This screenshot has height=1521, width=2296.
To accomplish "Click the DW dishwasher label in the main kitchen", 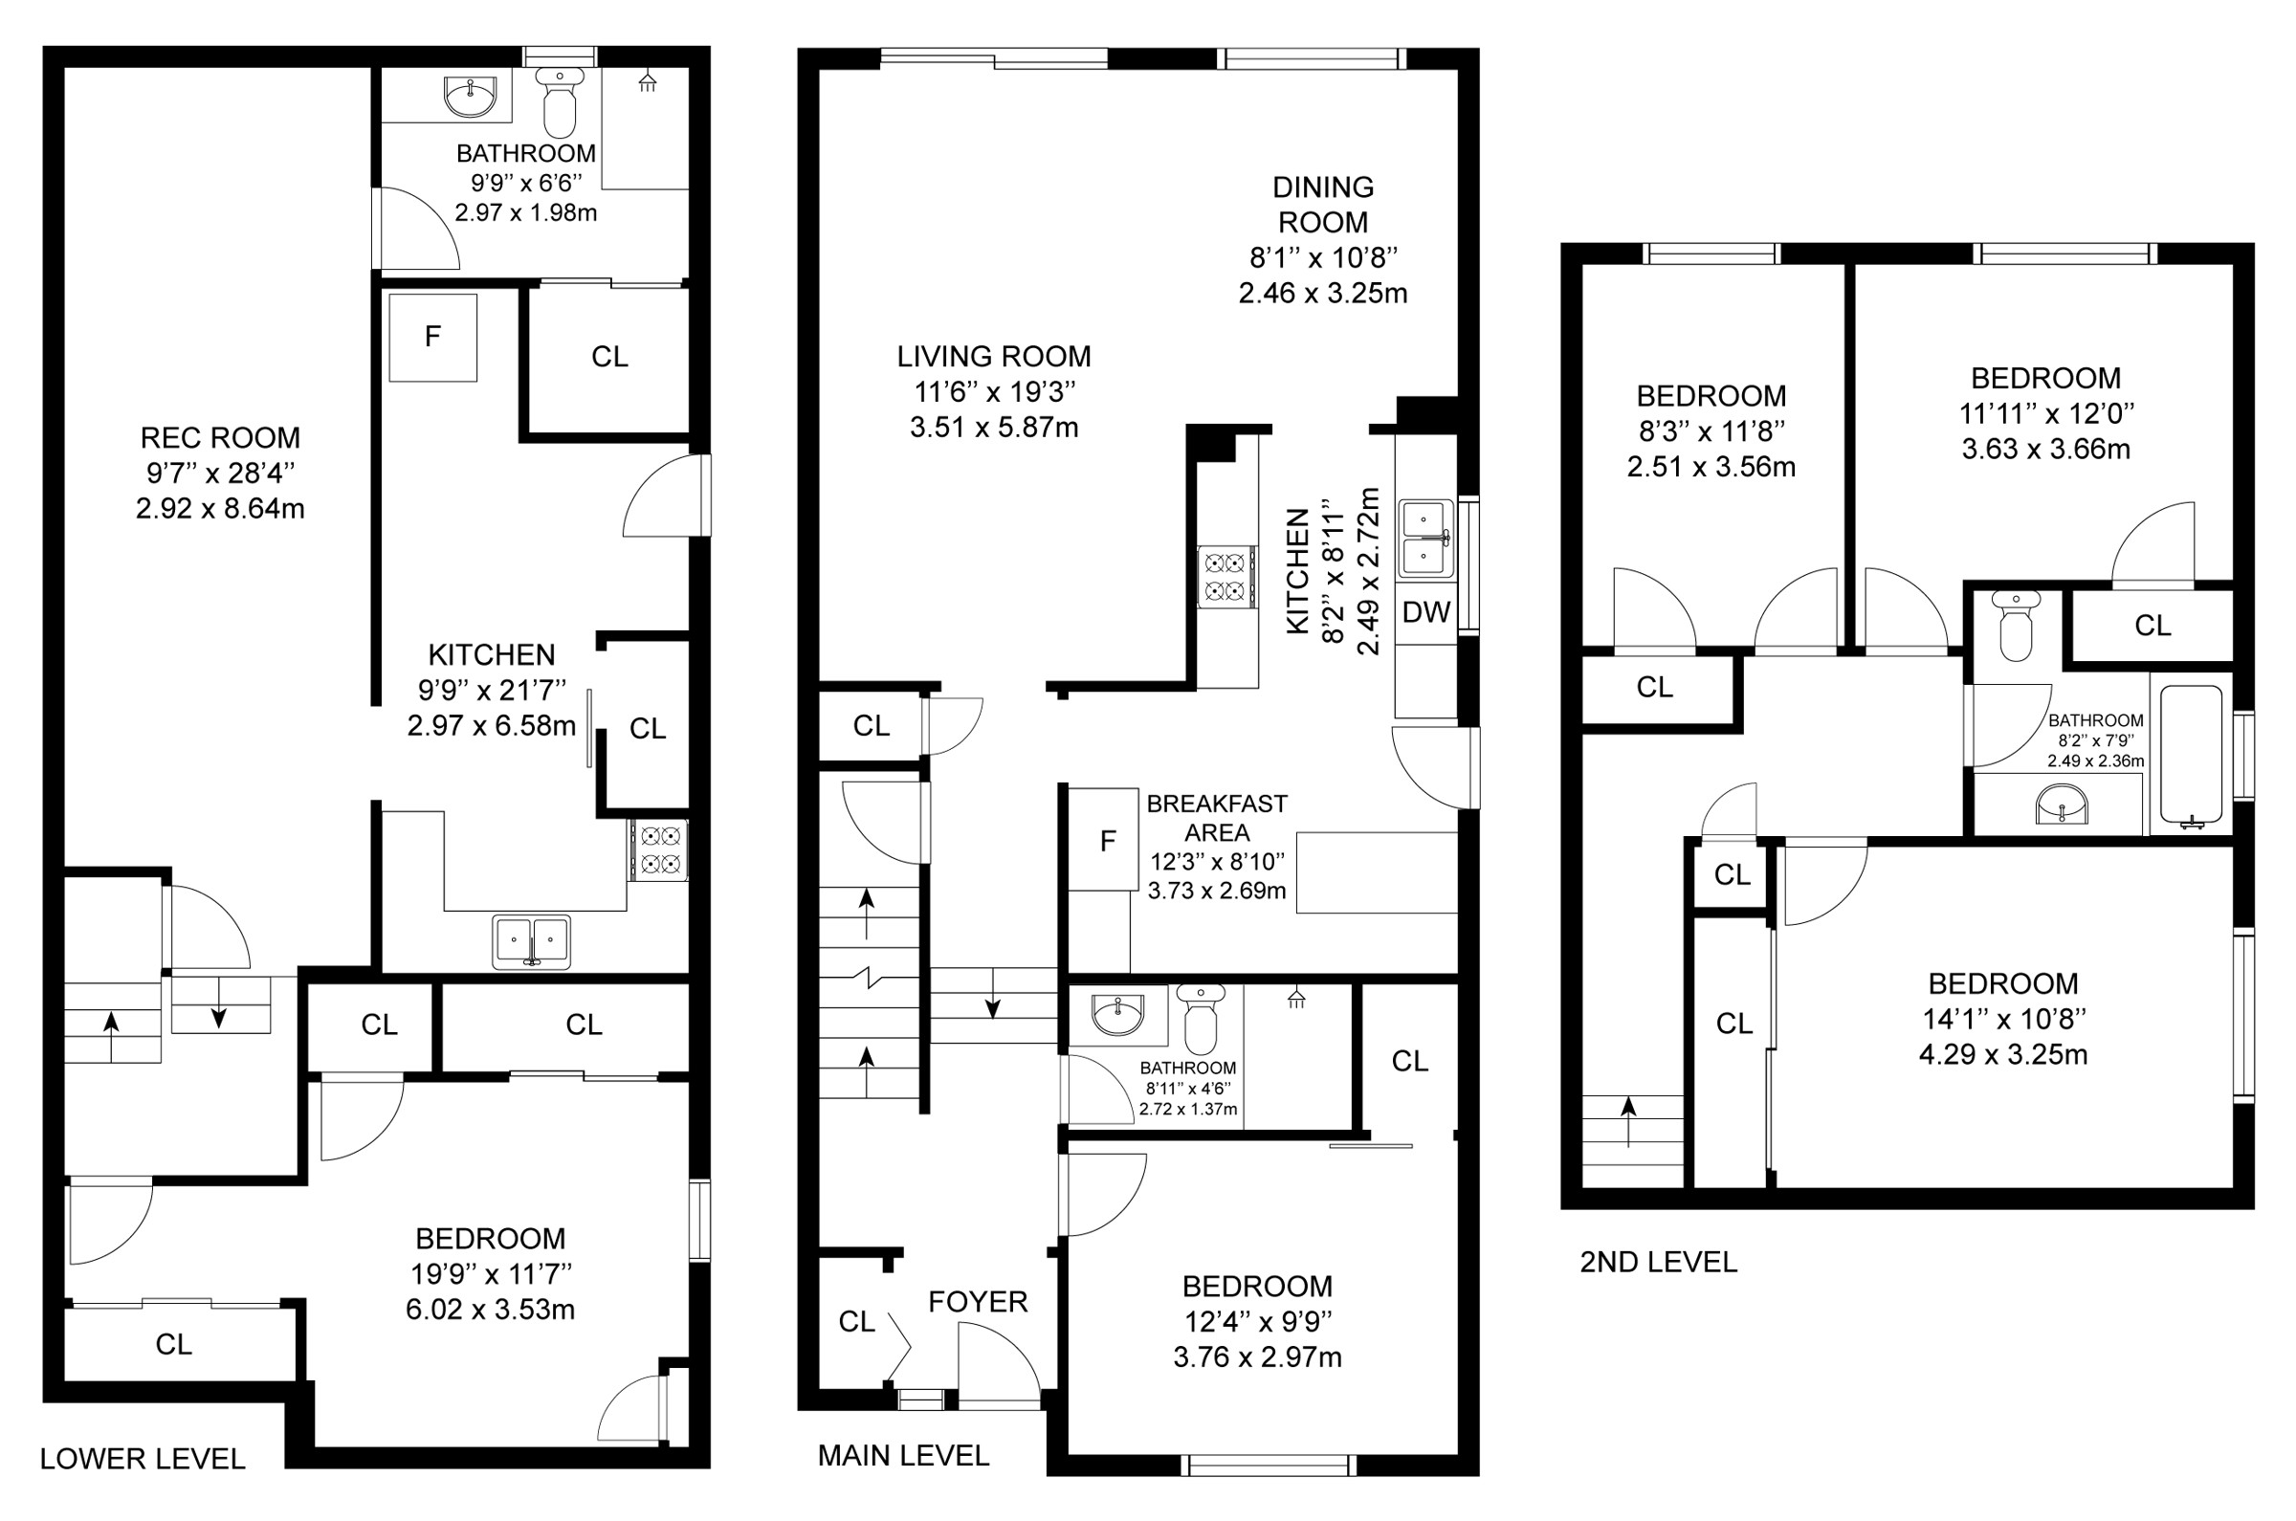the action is (x=1425, y=612).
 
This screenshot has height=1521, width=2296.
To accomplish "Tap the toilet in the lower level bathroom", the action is (x=560, y=101).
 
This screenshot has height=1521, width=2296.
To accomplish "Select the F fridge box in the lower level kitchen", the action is (x=432, y=337).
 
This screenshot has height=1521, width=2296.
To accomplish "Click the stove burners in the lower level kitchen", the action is (x=659, y=849).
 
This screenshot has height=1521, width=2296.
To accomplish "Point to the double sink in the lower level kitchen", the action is (x=531, y=941).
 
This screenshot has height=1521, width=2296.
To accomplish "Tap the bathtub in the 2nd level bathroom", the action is (x=2191, y=758).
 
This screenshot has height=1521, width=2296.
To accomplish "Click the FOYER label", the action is (x=978, y=1302).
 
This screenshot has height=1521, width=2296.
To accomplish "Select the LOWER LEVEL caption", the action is (x=143, y=1459).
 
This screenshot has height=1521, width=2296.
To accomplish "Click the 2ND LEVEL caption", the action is (x=1659, y=1262).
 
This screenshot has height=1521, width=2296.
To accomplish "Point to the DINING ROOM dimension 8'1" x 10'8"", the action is (x=1323, y=258).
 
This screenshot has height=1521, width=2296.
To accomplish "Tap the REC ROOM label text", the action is (x=220, y=437).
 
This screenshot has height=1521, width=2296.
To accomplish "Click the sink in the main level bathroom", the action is (x=1117, y=1015).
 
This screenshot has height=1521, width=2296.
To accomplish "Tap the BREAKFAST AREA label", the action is (x=1217, y=818).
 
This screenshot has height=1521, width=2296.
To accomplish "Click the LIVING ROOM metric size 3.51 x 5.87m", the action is (x=994, y=428).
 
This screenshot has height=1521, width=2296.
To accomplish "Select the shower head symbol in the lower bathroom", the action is (x=647, y=81).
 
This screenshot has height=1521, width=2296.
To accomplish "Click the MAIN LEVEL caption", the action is (x=904, y=1455).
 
